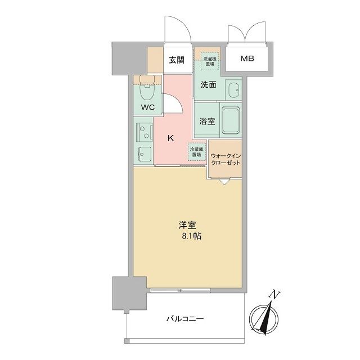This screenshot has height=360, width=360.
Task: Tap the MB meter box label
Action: pyautogui.click(x=247, y=58)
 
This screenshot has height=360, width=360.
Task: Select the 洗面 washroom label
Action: pyautogui.click(x=209, y=85)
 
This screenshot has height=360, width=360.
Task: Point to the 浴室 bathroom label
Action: pyautogui.click(x=206, y=120)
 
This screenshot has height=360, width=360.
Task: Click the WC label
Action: pyautogui.click(x=147, y=107)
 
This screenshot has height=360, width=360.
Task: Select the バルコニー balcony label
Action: pyautogui.click(x=184, y=319)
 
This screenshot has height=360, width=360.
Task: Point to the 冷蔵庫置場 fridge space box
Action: pyautogui.click(x=196, y=152)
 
